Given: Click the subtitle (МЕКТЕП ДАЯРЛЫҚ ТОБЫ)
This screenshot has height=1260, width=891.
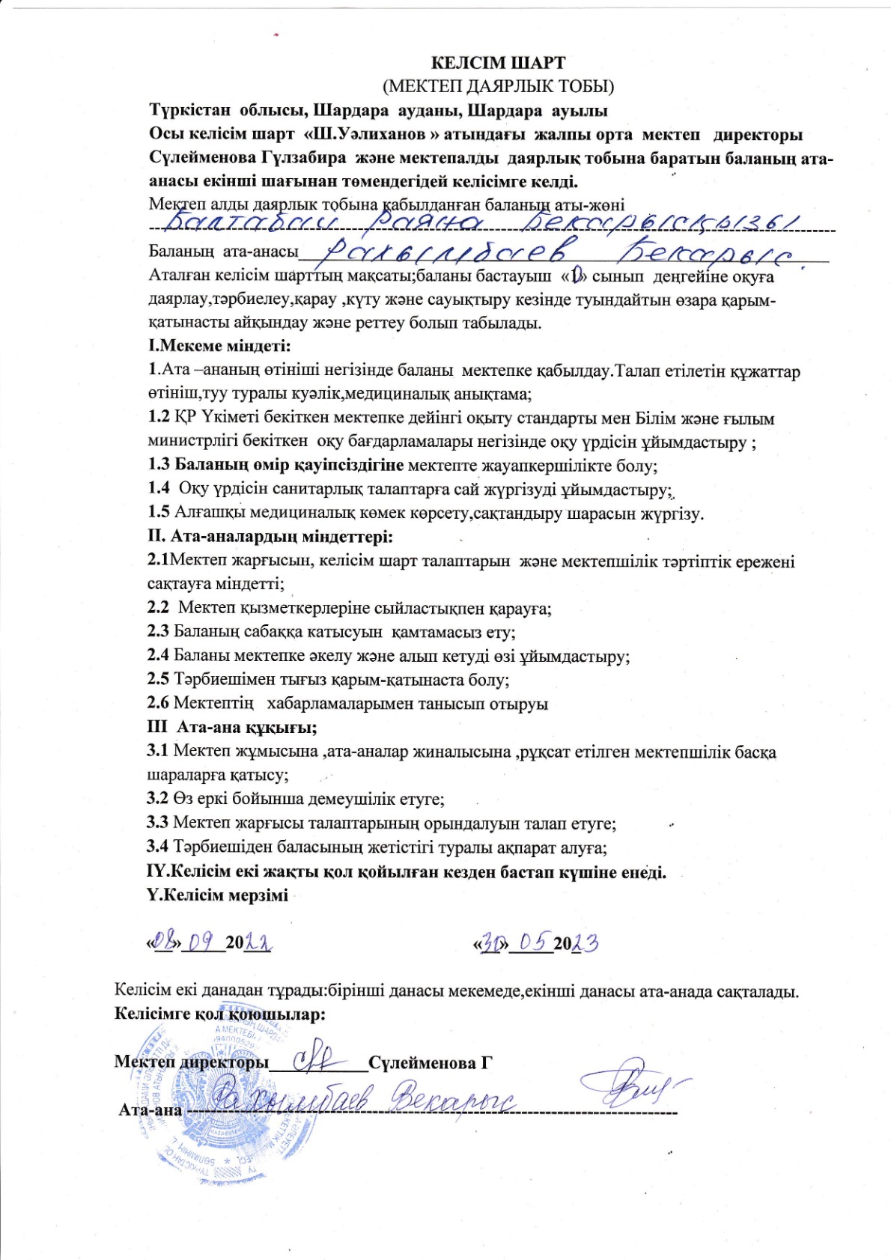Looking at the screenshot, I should click(498, 86).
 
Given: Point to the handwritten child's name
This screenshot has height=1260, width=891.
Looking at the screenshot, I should click(479, 222).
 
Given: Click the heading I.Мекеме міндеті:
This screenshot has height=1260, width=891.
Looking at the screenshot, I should click(219, 346).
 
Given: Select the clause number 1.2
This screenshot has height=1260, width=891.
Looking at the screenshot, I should click(159, 418).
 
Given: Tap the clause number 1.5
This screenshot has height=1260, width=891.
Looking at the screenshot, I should click(159, 513).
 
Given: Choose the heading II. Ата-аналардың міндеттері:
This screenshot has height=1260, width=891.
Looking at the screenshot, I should click(270, 537).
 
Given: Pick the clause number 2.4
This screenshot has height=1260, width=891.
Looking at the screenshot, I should click(158, 656).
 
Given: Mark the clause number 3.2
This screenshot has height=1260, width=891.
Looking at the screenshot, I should click(157, 799).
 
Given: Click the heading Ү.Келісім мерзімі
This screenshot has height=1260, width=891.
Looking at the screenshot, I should click(217, 895).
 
